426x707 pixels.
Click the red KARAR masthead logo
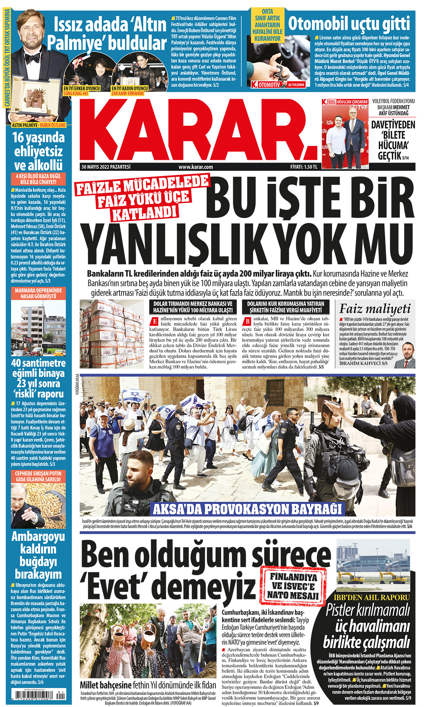click(x=199, y=130)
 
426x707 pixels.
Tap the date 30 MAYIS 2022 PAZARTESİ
click(x=106, y=167)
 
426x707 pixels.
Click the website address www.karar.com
click(x=196, y=167)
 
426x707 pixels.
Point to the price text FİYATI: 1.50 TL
click(x=304, y=167)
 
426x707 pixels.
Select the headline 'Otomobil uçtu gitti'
click(x=349, y=24)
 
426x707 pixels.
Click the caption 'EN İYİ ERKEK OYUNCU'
click(x=82, y=88)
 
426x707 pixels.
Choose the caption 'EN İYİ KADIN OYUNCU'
click(x=130, y=88)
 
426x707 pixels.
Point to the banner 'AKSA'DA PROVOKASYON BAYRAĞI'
click(x=247, y=509)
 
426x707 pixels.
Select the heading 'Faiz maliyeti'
click(x=375, y=309)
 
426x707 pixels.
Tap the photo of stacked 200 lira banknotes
click(x=112, y=334)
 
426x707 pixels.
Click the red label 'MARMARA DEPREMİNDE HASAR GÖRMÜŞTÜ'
click(x=38, y=293)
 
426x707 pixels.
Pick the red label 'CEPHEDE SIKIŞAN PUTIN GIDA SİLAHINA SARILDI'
click(x=38, y=476)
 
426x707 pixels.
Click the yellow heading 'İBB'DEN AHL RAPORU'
click(x=372, y=597)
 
